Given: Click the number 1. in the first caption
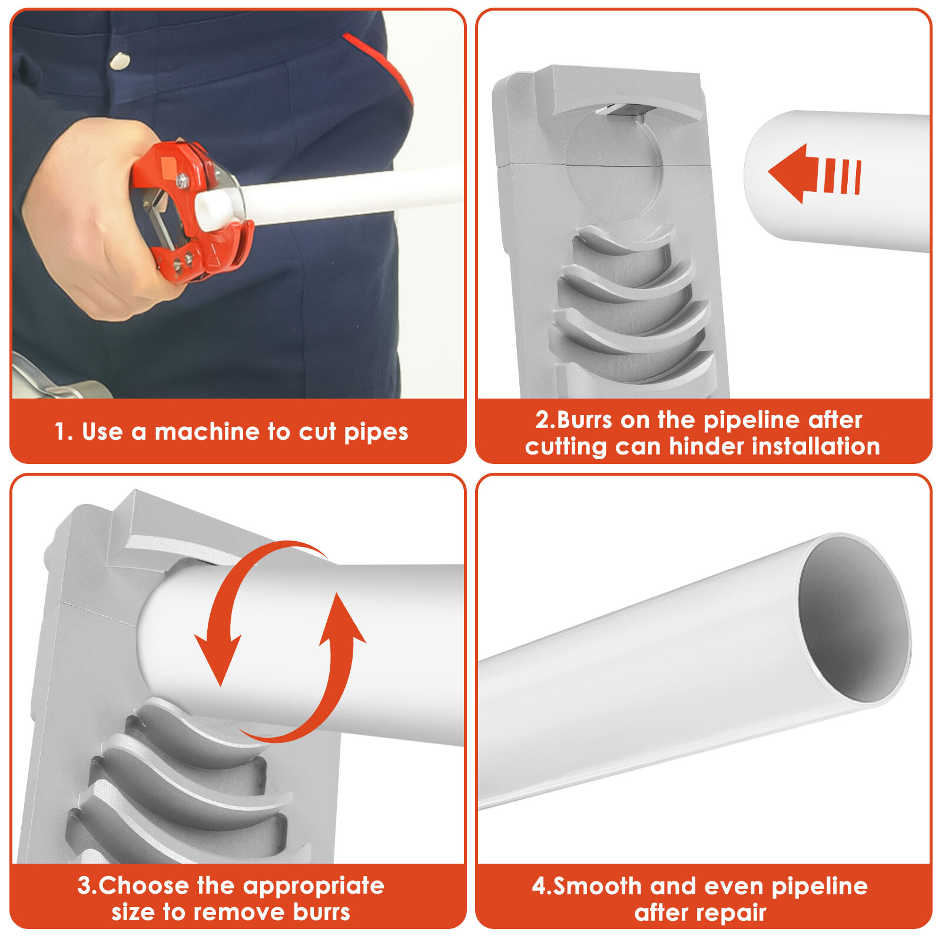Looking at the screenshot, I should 64,432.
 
